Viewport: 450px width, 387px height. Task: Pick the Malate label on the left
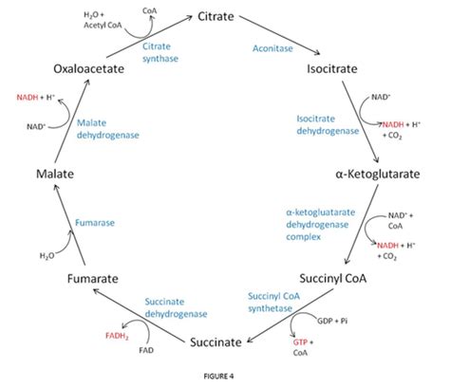57,176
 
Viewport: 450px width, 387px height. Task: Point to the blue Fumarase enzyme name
94,223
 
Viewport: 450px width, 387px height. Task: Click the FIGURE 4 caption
225,376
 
